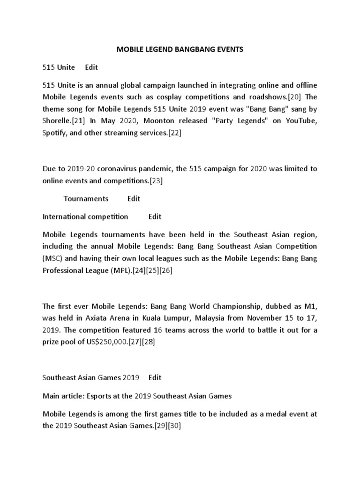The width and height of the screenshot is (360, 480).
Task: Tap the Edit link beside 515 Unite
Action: click(91, 67)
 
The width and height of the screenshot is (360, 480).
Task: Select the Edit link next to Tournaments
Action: click(134, 198)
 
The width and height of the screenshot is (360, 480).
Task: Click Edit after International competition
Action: click(155, 216)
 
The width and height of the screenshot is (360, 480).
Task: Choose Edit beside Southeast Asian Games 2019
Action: click(155, 377)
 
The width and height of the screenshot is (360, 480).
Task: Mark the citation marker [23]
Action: click(156, 180)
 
